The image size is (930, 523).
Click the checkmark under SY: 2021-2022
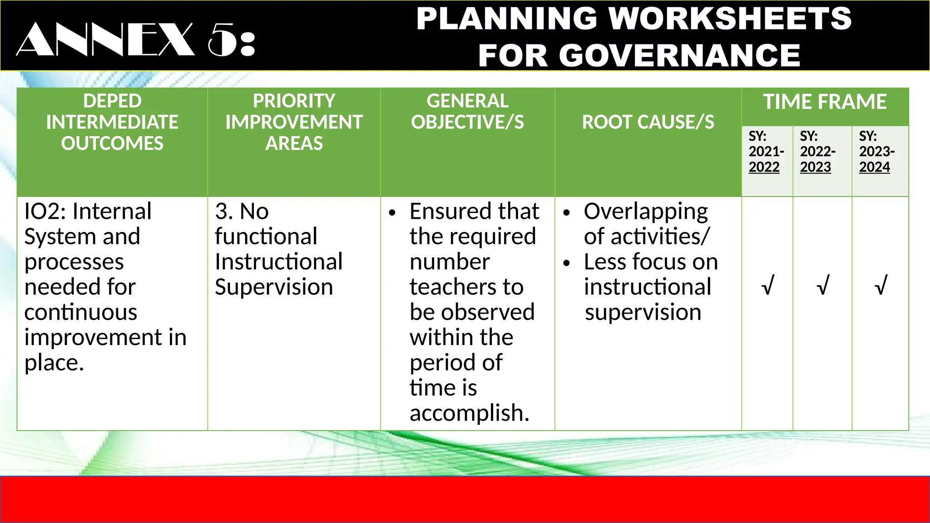point(767,286)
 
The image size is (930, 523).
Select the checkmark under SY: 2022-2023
point(822,286)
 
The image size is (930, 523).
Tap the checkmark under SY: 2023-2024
point(880,286)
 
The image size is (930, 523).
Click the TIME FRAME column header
point(825,102)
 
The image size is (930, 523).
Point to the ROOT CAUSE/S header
point(648,122)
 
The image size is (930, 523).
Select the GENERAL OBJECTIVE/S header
point(467,112)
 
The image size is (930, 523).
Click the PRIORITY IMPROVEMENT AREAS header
point(294,122)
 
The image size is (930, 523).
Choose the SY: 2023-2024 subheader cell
point(876,152)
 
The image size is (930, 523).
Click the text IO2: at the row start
point(45,212)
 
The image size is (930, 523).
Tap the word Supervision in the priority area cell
point(274,287)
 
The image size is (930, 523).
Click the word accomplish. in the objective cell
point(469,413)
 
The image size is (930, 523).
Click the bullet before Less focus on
point(566,263)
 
